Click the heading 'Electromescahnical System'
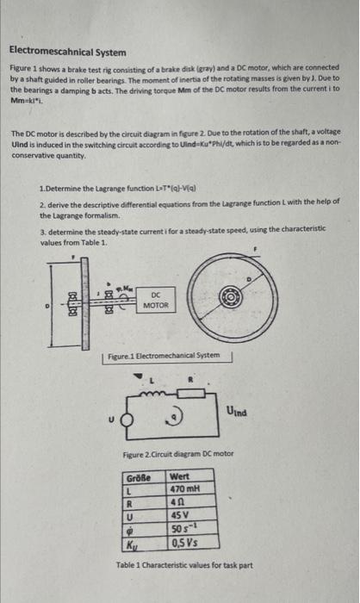[68, 52]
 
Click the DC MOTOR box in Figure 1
[156, 300]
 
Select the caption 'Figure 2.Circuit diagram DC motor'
[178, 454]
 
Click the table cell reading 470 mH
[187, 488]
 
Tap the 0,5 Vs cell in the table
[184, 544]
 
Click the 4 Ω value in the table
[179, 502]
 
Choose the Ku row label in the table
[132, 544]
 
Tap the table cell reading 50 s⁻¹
[183, 529]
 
